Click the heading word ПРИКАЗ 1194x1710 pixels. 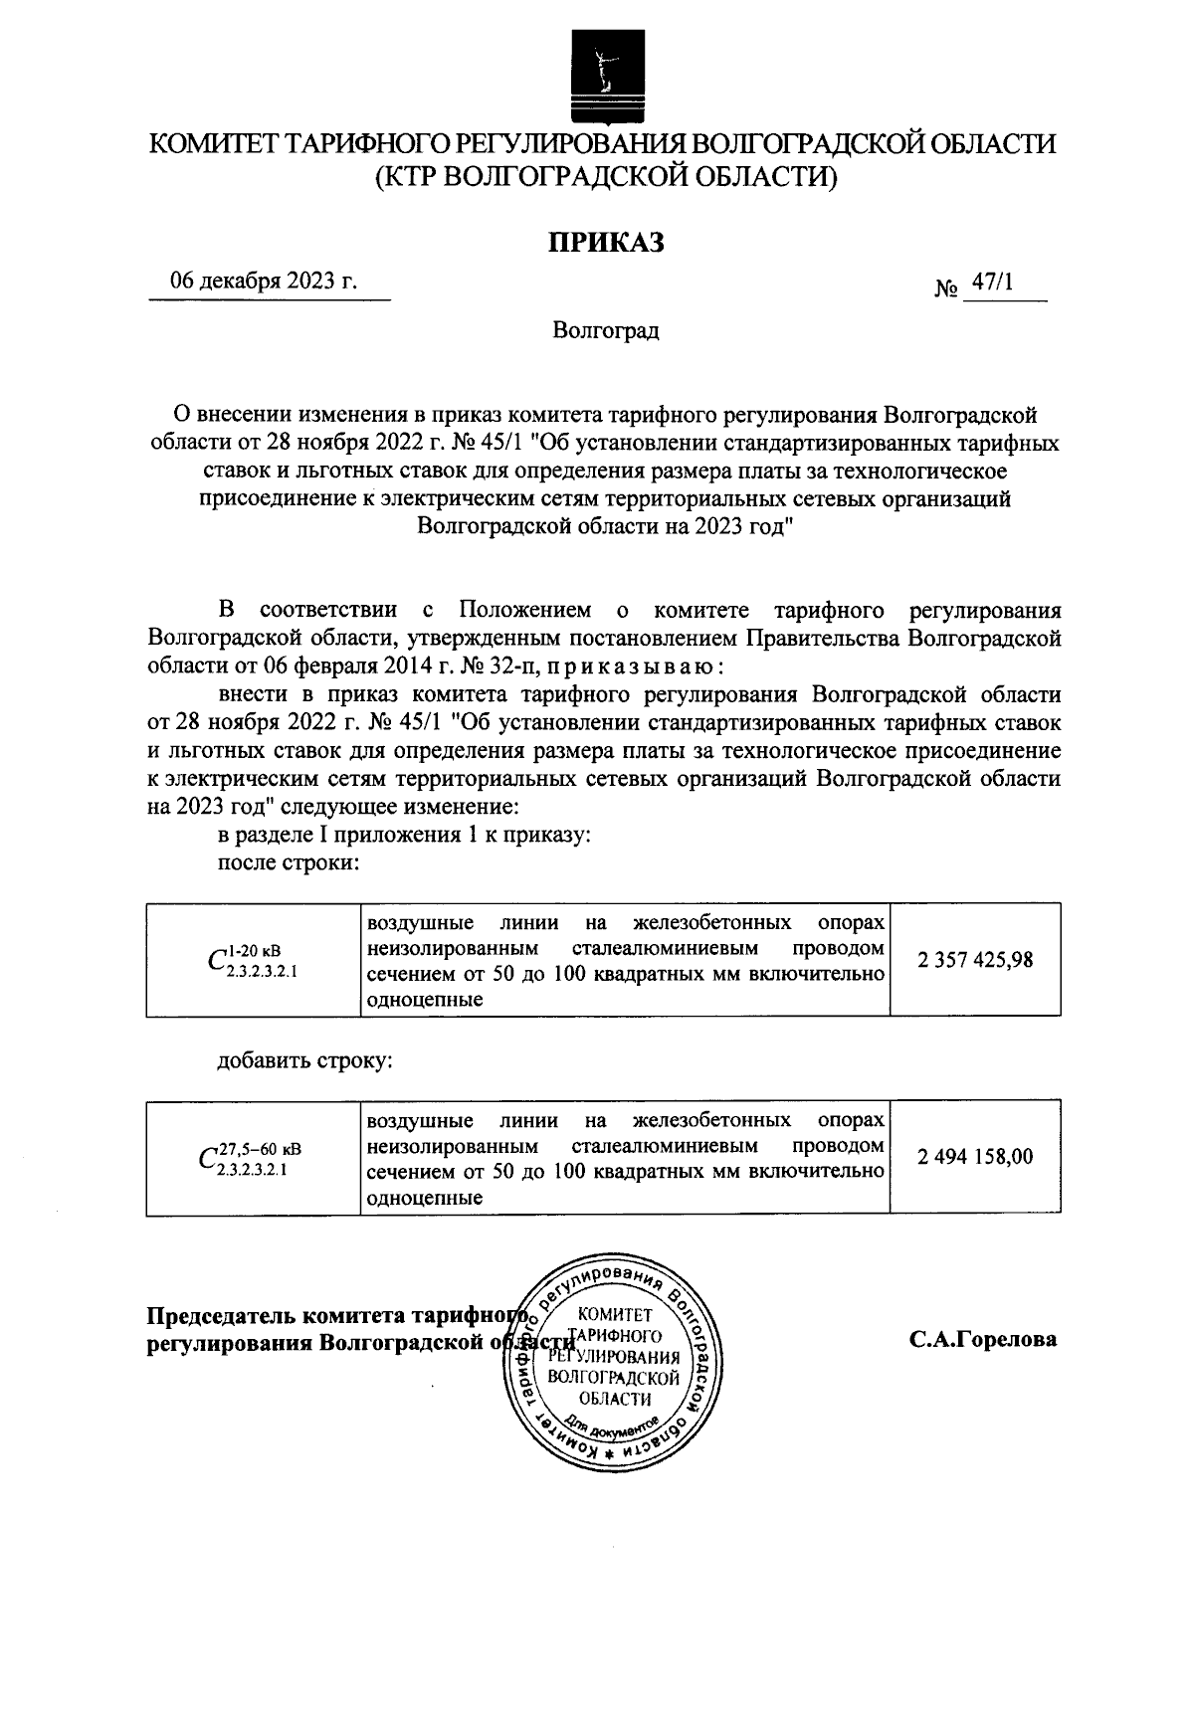[x=605, y=242]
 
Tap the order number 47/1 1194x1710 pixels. [x=991, y=284]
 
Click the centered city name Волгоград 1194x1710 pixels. [x=605, y=330]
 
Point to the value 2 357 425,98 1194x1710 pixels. [x=975, y=960]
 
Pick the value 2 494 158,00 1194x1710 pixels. [x=975, y=1157]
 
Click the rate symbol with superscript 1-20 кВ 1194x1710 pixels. [x=253, y=961]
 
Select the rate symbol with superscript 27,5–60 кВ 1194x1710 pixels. [x=253, y=1158]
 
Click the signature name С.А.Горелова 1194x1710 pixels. [x=982, y=1339]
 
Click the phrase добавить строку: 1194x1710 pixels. [x=305, y=1060]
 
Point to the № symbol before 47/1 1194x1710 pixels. [x=946, y=288]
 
